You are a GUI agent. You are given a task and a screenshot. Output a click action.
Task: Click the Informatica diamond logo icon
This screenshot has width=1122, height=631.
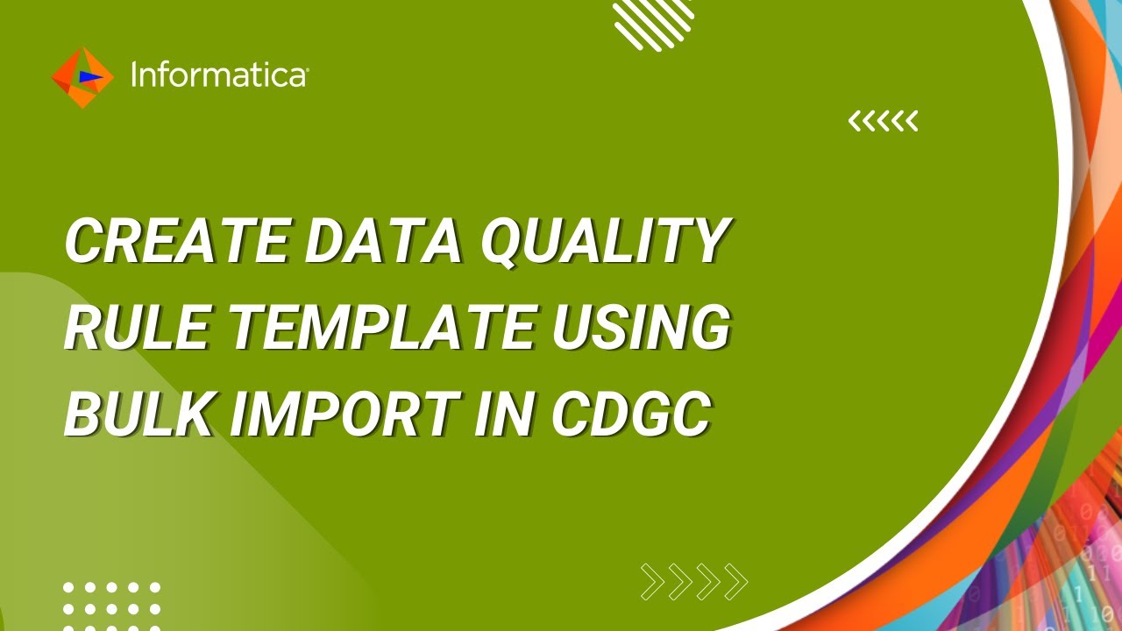click(82, 77)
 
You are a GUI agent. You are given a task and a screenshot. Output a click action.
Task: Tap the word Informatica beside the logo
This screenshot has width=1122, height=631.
click(217, 75)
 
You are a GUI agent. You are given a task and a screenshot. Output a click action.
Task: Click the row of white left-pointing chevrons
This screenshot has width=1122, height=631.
click(883, 121)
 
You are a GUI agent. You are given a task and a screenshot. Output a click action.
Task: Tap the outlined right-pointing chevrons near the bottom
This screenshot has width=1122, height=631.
click(694, 581)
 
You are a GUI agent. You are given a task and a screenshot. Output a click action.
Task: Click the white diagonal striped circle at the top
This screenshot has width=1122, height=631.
click(653, 23)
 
